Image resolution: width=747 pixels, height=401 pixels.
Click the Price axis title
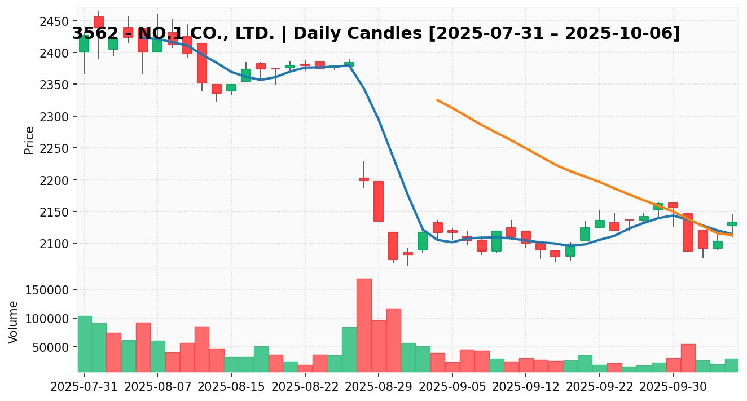point(29,140)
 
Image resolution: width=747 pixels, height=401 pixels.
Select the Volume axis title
point(14,322)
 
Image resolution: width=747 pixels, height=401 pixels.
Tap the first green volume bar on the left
point(85,344)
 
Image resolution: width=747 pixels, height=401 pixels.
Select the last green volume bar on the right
point(732,365)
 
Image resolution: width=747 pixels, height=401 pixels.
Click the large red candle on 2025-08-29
point(379,201)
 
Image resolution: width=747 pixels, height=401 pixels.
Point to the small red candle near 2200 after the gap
point(364,179)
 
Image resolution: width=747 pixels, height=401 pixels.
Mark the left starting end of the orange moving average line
point(437,100)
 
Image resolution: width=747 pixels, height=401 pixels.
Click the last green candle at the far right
point(732,224)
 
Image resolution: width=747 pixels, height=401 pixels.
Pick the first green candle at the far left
point(84,44)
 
